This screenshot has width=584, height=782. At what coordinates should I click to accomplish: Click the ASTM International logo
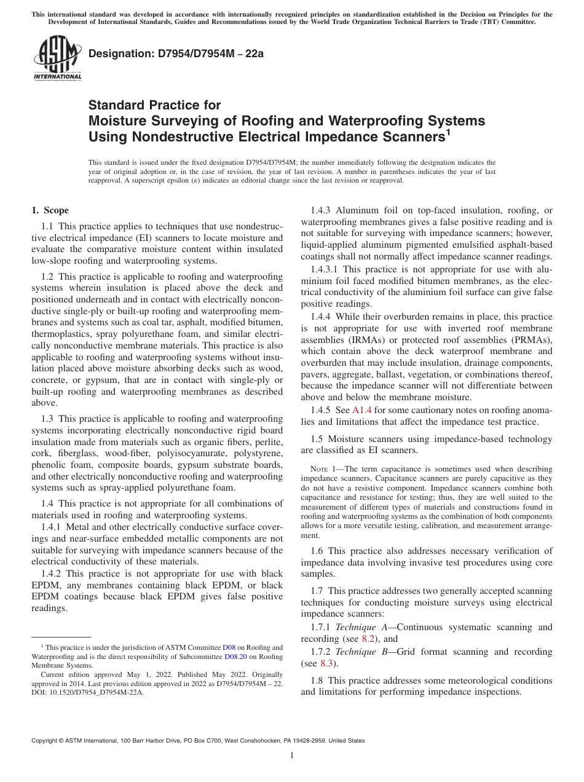point(57,58)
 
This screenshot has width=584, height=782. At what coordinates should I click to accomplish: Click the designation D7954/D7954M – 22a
point(176,53)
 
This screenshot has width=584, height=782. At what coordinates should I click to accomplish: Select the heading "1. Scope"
point(50,210)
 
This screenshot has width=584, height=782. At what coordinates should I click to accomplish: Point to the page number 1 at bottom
point(292,756)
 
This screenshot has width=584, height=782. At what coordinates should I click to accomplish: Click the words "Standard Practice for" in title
point(154,105)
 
